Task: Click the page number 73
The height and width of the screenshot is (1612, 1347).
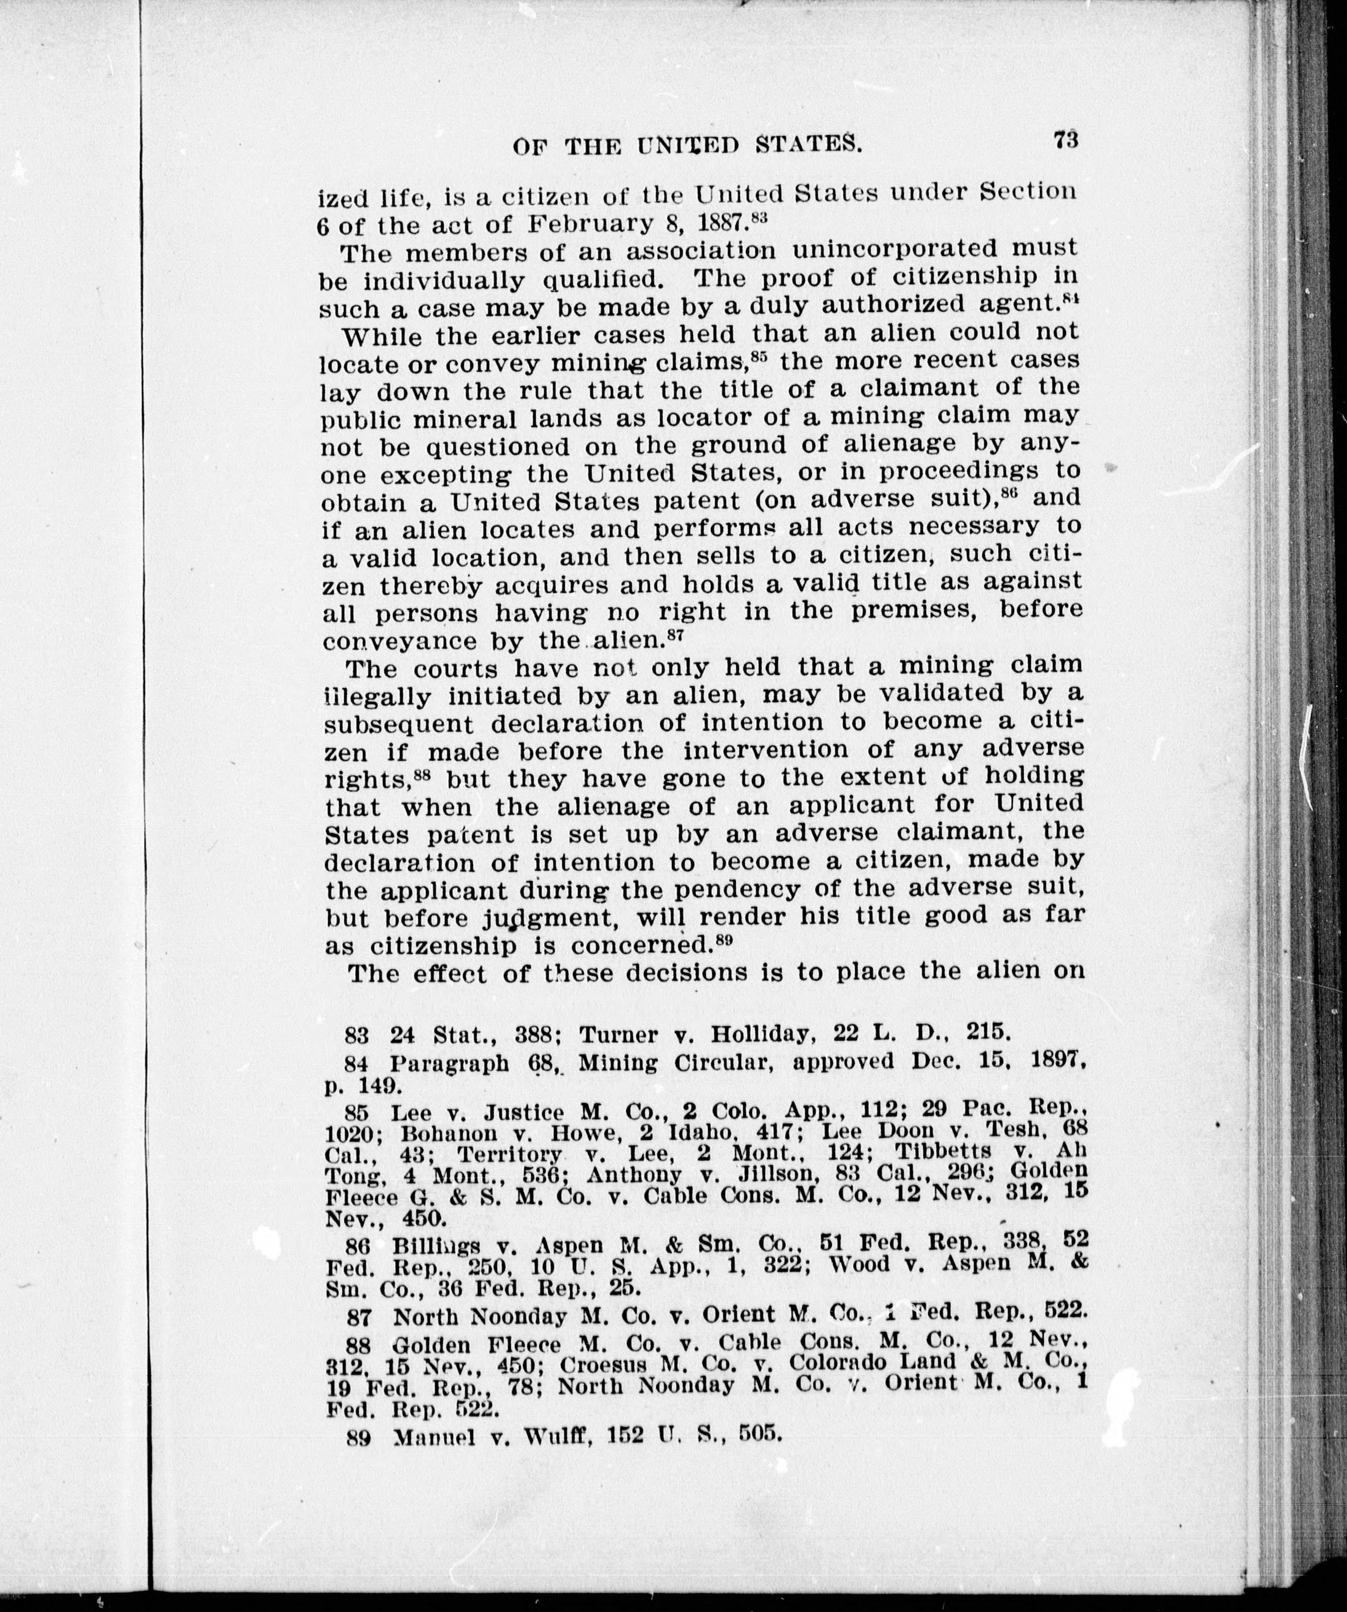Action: coord(1066,140)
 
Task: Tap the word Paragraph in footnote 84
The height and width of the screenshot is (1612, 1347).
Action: coord(449,1064)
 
